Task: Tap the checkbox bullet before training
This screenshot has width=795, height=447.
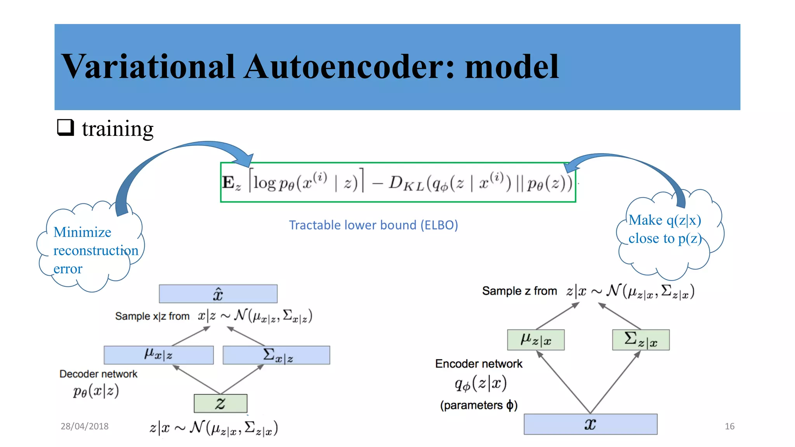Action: click(65, 127)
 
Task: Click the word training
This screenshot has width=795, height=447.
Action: click(118, 129)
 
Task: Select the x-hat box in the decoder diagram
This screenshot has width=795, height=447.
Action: click(218, 294)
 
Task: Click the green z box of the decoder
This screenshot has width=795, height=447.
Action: click(220, 403)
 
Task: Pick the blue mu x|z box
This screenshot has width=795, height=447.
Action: click(158, 355)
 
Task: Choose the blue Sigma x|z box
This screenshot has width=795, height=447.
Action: click(276, 355)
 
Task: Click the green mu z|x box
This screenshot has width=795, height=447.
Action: click(536, 340)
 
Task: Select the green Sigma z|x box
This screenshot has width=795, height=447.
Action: click(641, 340)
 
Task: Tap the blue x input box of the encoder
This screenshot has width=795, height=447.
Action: click(590, 424)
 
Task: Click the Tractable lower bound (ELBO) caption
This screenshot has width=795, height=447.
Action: click(373, 225)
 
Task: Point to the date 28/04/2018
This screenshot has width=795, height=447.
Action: click(84, 426)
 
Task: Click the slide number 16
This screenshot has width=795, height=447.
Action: click(729, 426)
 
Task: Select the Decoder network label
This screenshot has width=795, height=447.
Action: click(98, 374)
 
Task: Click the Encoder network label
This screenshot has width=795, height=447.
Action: click(479, 364)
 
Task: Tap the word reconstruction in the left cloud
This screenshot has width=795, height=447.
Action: click(95, 251)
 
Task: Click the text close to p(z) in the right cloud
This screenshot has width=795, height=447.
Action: click(665, 238)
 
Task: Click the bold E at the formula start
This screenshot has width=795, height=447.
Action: click(228, 182)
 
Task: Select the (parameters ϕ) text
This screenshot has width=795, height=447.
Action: click(479, 405)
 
